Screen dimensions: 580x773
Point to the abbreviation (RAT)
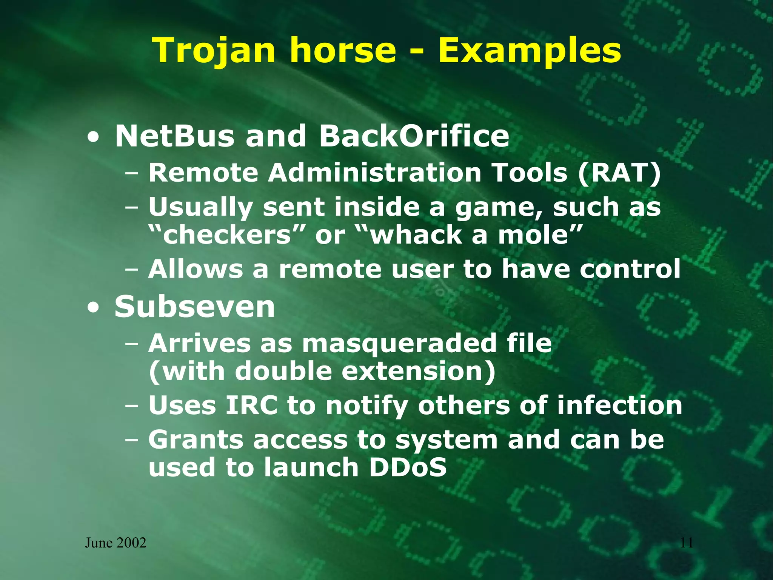point(619,173)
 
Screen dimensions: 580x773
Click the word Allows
point(196,269)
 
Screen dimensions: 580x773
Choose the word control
point(630,269)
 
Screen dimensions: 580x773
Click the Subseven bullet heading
point(195,307)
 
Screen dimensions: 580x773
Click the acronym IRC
point(251,405)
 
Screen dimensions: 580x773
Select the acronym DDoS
point(408,467)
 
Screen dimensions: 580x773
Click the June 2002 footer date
point(115,543)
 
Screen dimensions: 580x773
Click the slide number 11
point(687,543)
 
